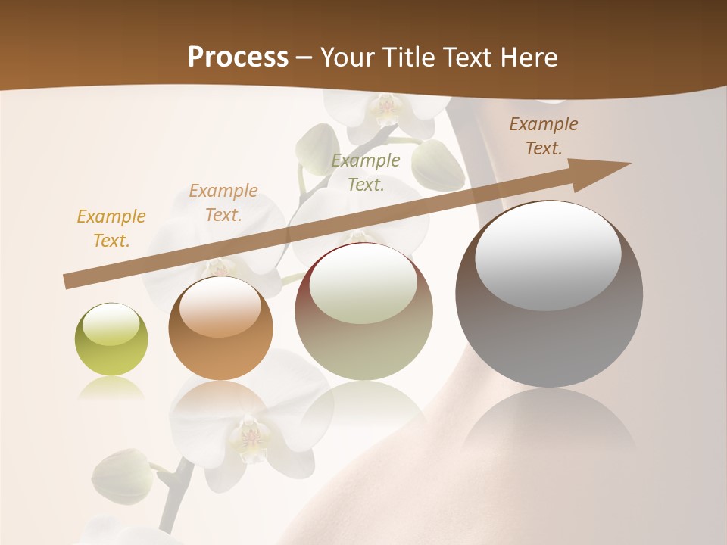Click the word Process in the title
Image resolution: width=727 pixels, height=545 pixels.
[x=238, y=58]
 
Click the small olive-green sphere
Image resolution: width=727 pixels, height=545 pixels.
[x=111, y=339]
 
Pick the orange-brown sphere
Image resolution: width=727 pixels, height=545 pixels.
[x=220, y=329]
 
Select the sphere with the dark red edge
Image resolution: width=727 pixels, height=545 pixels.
[x=363, y=311]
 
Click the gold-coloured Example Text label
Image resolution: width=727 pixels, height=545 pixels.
[x=111, y=229]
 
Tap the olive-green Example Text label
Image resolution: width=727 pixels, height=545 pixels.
[x=366, y=172]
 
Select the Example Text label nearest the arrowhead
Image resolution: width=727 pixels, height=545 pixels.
[x=543, y=136]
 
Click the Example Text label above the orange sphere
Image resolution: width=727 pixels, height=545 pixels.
[x=223, y=203]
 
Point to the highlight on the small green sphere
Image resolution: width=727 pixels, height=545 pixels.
[x=111, y=323]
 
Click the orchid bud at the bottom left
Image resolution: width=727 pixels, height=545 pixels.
[x=121, y=475]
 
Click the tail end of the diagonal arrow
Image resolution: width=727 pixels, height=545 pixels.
[x=68, y=282]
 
